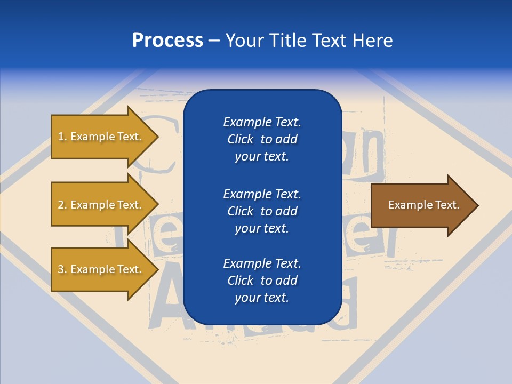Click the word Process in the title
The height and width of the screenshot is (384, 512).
coord(167,41)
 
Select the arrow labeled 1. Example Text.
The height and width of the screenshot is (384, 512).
coord(100,137)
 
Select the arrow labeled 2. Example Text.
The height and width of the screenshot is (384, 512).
coord(100,205)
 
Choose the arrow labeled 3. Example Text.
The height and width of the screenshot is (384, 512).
coord(100,269)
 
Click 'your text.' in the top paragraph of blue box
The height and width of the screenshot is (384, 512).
coord(262,157)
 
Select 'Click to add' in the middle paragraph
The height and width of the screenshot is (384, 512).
coord(262,211)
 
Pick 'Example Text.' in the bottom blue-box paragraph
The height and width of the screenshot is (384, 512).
coord(262,263)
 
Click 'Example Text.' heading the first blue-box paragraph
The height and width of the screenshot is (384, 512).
coord(262,122)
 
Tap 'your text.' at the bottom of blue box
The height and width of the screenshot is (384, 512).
coord(262,298)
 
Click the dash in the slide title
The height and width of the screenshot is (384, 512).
coord(214,41)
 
